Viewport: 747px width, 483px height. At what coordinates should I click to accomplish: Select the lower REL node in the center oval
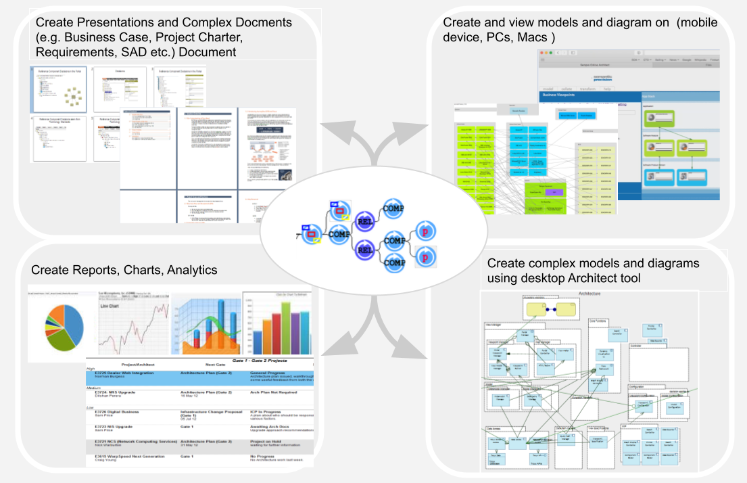pos(365,250)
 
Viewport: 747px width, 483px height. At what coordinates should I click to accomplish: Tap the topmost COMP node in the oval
pos(393,208)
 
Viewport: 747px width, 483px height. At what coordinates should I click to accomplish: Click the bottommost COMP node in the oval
pos(393,262)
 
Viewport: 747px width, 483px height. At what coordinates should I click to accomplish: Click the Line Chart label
pos(110,306)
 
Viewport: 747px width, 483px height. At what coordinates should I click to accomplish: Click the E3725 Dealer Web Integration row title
pos(124,373)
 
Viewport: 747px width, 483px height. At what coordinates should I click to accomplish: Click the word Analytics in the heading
pos(189,270)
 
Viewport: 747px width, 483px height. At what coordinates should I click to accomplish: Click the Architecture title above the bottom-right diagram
pos(589,294)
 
